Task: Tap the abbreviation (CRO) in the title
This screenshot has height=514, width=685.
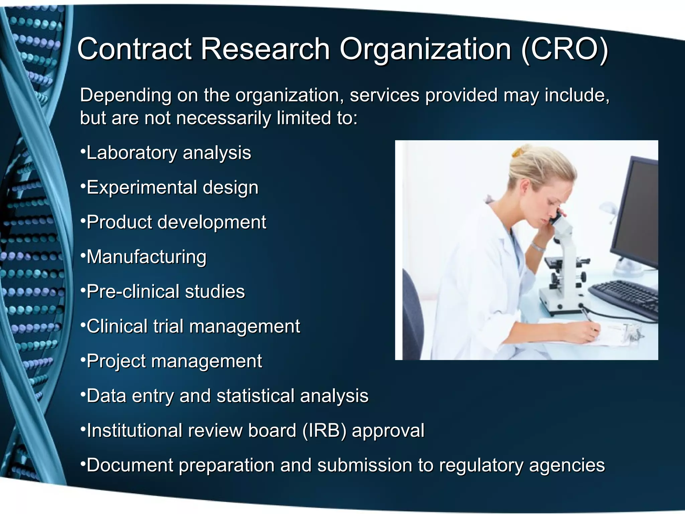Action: pyautogui.click(x=565, y=50)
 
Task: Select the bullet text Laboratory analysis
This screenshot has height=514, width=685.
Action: pyautogui.click(x=169, y=153)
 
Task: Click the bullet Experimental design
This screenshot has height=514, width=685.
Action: pyautogui.click(x=172, y=187)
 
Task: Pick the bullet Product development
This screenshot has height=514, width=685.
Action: pyautogui.click(x=176, y=222)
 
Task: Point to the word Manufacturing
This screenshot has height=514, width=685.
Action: pyautogui.click(x=146, y=257)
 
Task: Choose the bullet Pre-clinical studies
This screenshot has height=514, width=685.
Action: pyautogui.click(x=166, y=291)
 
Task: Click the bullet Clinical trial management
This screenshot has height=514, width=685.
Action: pyautogui.click(x=193, y=326)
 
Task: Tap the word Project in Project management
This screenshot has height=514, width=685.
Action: pyautogui.click(x=116, y=361)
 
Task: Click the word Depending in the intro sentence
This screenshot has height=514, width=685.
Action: pyautogui.click(x=126, y=95)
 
